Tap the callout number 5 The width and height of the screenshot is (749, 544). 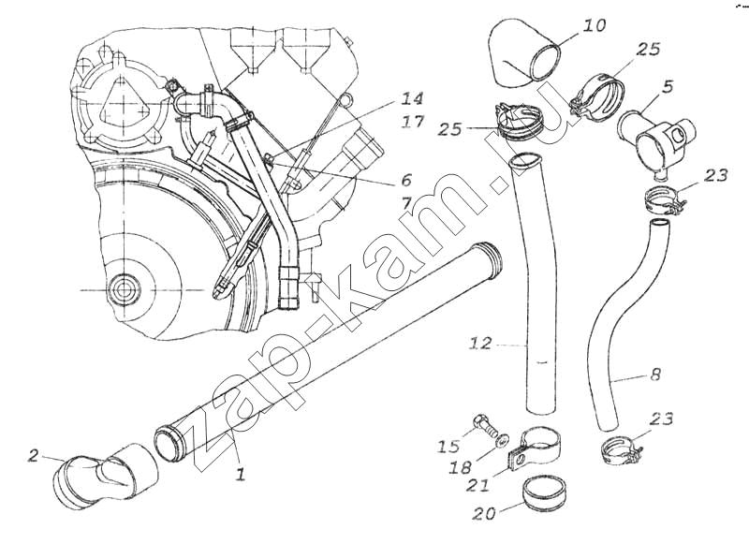(x=668, y=88)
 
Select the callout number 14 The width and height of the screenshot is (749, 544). (x=412, y=98)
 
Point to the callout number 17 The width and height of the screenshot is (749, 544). (x=412, y=121)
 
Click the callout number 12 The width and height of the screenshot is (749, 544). (x=480, y=345)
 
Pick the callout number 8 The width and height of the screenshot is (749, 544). (x=654, y=375)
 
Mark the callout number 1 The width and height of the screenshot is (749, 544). (x=240, y=475)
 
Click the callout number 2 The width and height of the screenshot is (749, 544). (x=34, y=456)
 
